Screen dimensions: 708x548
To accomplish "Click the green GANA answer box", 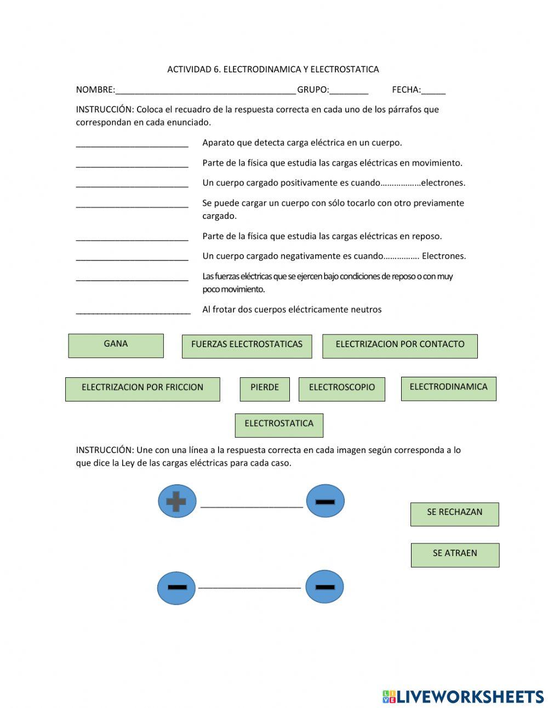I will coord(116,345).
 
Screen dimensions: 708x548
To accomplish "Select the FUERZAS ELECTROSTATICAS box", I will coord(247,346).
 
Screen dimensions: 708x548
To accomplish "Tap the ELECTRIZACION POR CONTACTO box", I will coord(399,346).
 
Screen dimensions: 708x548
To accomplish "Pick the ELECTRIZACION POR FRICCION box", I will coord(142,389).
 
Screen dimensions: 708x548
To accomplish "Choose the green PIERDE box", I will coord(265,389).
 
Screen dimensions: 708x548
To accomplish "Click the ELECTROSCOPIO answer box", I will coord(341,389).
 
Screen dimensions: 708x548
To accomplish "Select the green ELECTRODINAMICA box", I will coord(448,388).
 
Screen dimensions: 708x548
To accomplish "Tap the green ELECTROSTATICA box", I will coord(279,425).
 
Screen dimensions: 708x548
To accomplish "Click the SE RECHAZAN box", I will coord(454,514).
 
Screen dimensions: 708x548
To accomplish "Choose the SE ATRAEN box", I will coord(455,554).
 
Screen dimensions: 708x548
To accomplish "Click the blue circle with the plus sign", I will coord(176,501).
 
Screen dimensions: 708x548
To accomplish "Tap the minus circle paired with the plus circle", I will coord(325,501).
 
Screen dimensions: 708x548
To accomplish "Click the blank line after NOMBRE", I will coord(206,91).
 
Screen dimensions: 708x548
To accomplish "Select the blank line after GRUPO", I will coord(349,91).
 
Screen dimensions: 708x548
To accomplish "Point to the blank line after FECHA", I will coord(433,91).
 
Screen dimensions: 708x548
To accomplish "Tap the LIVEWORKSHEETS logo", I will coord(463,696).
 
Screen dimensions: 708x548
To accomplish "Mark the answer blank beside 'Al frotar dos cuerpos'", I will coord(133,311).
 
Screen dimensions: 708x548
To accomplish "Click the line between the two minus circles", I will coord(249,587).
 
